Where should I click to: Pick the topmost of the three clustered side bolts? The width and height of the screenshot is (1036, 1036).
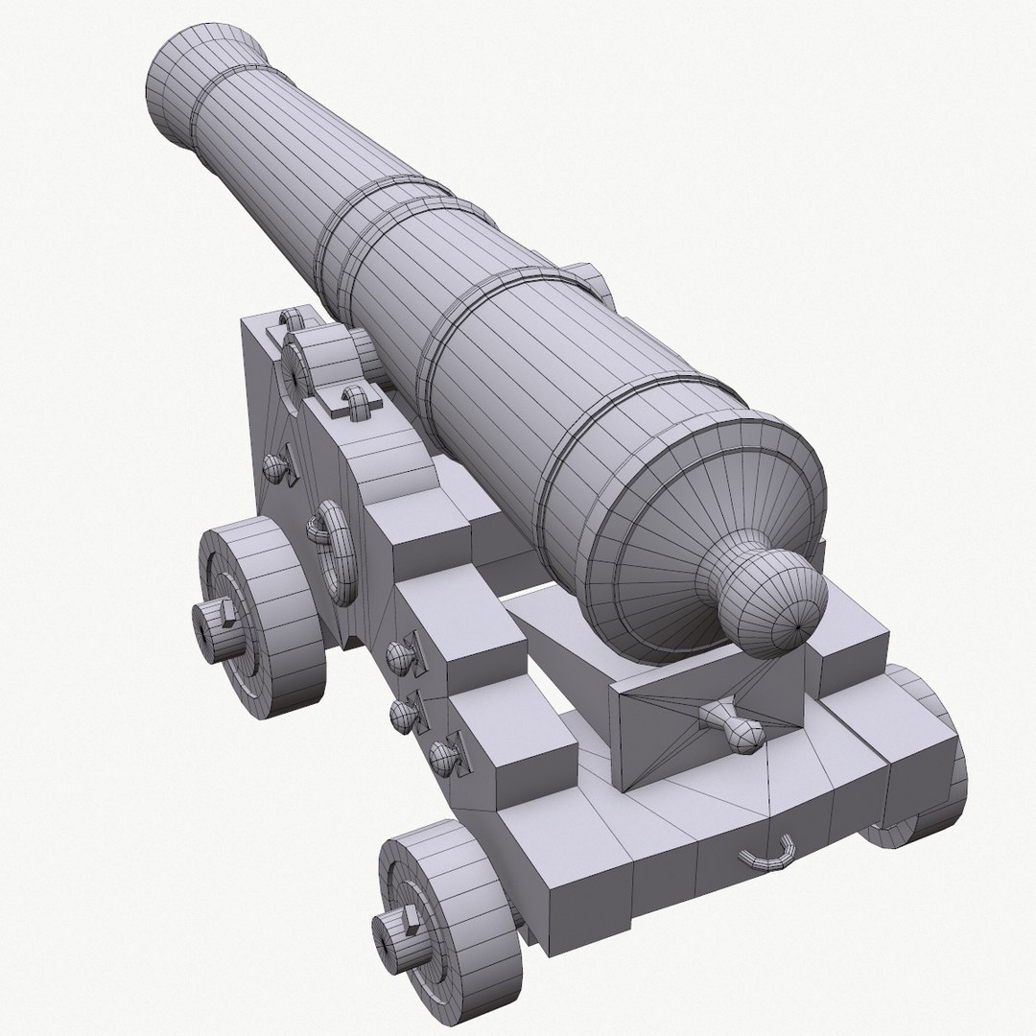click(x=399, y=655)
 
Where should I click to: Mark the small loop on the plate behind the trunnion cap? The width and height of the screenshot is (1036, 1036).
click(x=356, y=402)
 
